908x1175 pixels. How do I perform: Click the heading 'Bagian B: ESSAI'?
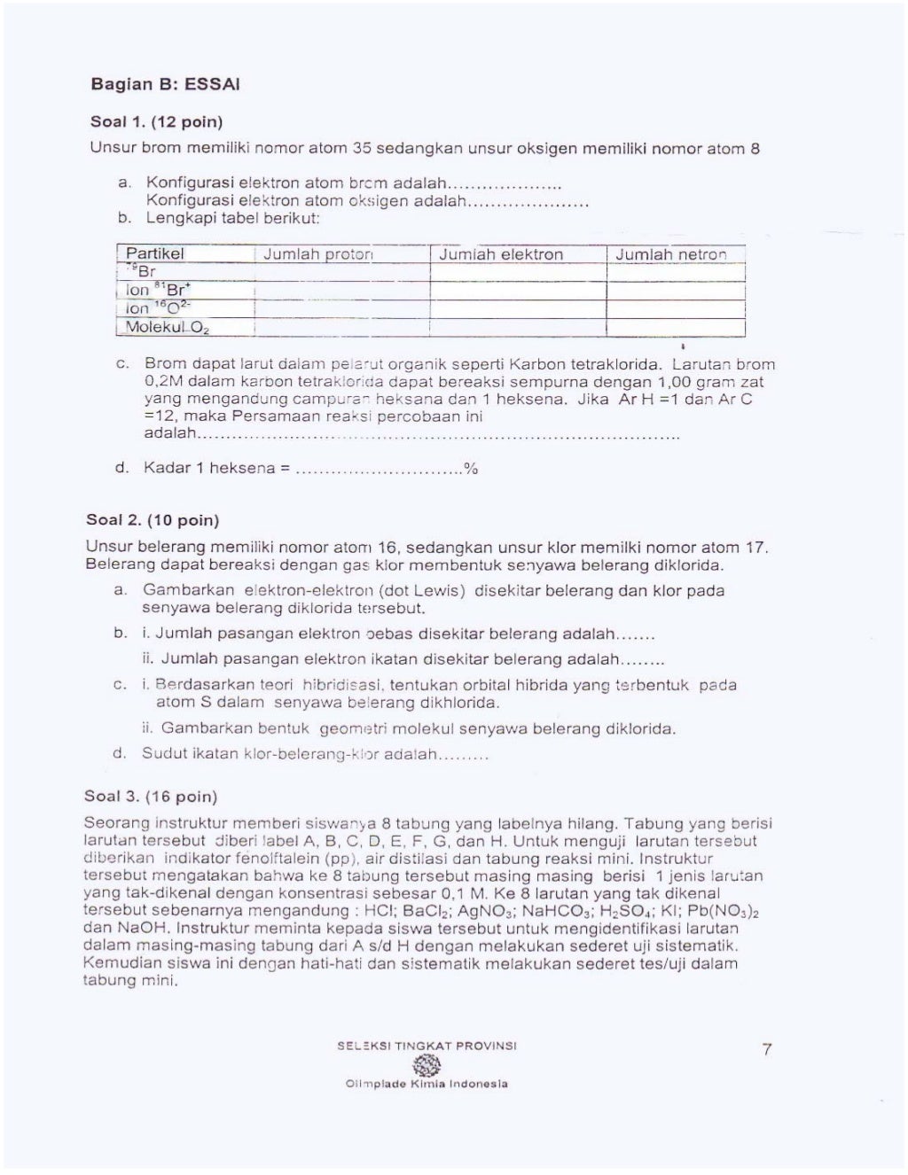[166, 85]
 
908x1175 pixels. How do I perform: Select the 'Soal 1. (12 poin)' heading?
[156, 122]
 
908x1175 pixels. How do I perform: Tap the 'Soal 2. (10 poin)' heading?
[153, 520]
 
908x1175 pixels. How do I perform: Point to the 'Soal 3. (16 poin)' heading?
[151, 797]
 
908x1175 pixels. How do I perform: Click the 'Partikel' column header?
[155, 254]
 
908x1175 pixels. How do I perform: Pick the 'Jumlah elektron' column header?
[502, 255]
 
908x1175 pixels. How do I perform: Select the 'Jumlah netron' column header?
[671, 255]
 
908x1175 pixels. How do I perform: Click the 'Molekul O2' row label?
[168, 327]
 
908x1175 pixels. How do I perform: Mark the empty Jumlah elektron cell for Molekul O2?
[518, 327]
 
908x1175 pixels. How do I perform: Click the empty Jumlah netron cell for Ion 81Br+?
[676, 290]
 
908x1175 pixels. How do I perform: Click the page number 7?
[766, 1050]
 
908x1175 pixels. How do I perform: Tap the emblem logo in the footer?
[427, 1065]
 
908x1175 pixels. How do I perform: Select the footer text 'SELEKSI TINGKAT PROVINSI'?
[427, 1046]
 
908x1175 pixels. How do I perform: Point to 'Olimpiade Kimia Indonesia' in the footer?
[427, 1084]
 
